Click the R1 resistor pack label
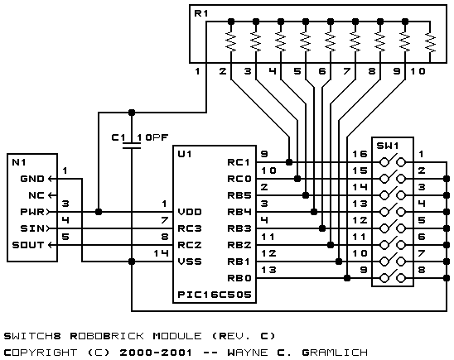(201, 13)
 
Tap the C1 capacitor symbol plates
(132, 146)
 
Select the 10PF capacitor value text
(152, 137)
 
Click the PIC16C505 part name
(215, 295)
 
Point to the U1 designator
(185, 154)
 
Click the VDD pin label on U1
(190, 212)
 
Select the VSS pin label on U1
(190, 262)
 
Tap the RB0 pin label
(239, 278)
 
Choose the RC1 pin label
(239, 162)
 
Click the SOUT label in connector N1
(28, 245)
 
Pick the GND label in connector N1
(32, 179)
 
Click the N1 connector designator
(19, 162)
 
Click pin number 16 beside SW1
(360, 154)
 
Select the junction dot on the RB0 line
(347, 278)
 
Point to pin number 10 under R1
(418, 71)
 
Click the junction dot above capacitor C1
(132, 113)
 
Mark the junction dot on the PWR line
(99, 212)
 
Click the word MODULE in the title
(177, 336)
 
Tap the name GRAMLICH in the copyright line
(335, 353)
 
